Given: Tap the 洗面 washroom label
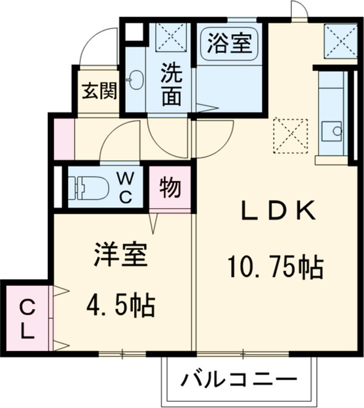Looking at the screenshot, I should tap(171, 85).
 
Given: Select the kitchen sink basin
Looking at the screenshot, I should tap(330, 130).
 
